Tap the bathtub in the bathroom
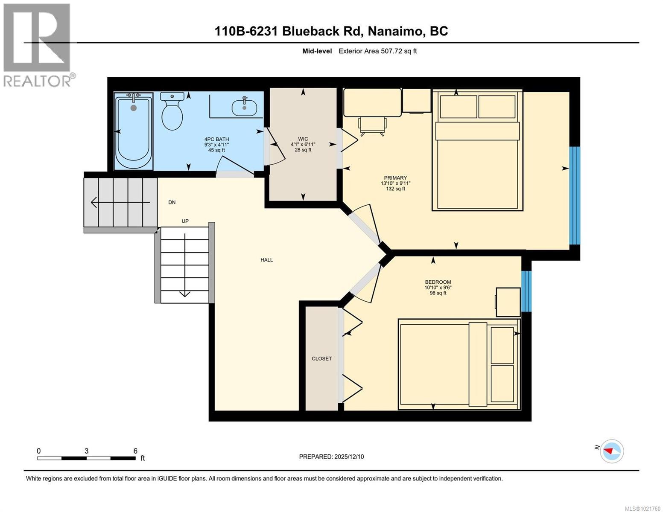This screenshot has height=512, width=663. (134, 133)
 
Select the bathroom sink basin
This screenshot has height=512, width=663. (244, 107)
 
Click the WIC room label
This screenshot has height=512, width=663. (303, 139)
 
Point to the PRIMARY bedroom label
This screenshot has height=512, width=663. (395, 178)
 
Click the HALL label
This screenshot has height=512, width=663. (267, 260)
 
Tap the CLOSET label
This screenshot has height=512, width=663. (321, 359)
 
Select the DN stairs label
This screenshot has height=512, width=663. (172, 202)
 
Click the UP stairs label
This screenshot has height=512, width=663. (185, 221)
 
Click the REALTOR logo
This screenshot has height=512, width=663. (38, 45)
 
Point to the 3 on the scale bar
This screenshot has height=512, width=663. (87, 451)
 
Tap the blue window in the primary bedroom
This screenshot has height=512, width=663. (575, 195)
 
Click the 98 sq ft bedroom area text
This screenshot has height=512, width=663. (438, 293)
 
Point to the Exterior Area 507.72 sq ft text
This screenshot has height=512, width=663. (377, 51)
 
